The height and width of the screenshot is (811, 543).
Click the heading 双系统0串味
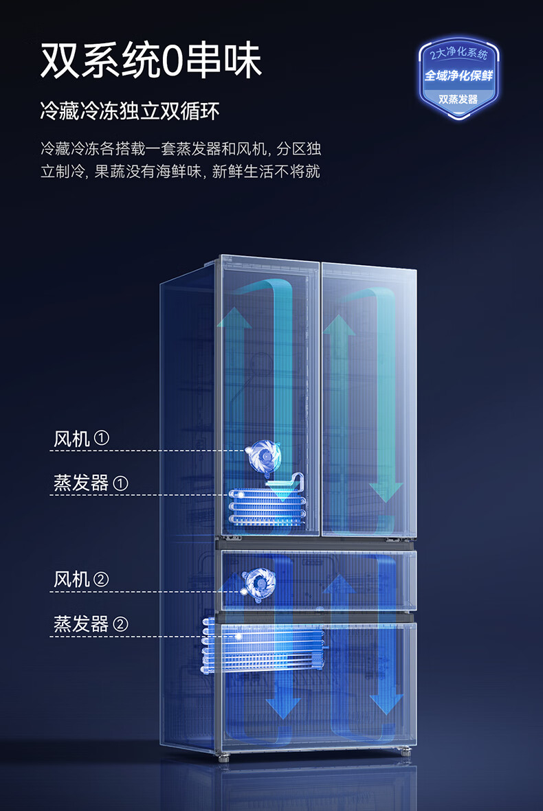(151, 60)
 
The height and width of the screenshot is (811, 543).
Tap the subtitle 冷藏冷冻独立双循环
(130, 111)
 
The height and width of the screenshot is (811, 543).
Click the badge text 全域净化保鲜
(458, 76)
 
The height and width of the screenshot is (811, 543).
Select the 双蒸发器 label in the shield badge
(458, 100)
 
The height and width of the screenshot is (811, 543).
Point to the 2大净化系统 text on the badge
(458, 54)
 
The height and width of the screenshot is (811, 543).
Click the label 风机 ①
(82, 439)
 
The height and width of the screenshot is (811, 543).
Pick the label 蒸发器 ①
(91, 483)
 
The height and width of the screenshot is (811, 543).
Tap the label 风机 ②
(82, 580)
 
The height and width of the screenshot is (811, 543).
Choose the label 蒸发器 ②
(91, 624)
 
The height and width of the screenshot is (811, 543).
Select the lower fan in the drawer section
(261, 584)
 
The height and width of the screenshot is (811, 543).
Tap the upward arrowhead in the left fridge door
(234, 319)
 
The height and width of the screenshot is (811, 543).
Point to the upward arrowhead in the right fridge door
(338, 325)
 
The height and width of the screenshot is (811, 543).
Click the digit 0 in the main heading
(174, 62)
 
